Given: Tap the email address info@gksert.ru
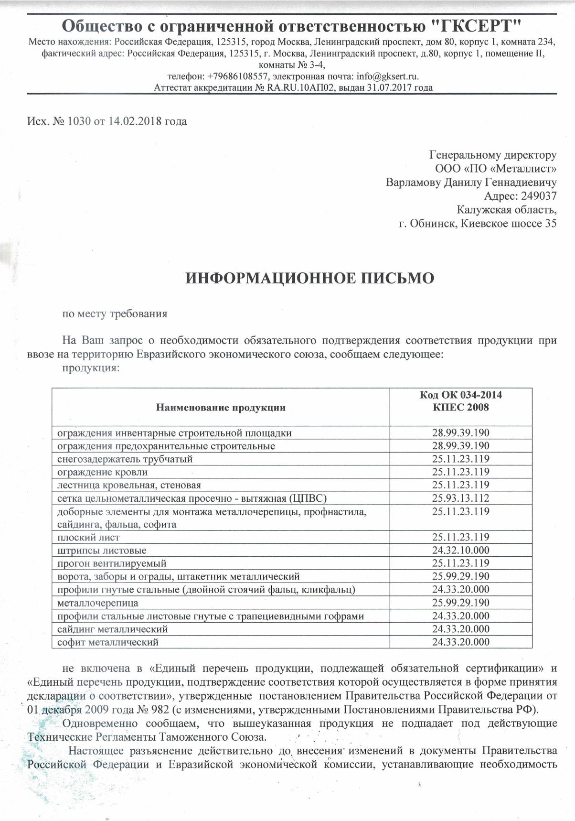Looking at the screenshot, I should [387, 76].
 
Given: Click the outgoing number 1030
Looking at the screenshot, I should [79, 121].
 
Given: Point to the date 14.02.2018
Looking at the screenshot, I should [135, 121].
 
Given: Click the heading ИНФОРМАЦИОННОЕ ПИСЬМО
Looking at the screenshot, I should [309, 278].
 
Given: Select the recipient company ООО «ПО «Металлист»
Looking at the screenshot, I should [496, 169].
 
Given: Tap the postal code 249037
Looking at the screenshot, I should [538, 196].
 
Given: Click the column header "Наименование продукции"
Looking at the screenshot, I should [221, 408].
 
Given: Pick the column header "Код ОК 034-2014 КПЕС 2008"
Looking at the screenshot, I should [461, 401].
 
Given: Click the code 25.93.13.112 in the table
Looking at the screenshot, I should [461, 498].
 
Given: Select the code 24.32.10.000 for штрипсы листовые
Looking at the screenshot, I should [461, 551].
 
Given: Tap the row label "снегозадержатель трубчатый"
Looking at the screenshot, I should [125, 459].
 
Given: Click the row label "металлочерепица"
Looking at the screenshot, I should [98, 603].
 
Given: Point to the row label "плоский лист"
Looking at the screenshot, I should [88, 538].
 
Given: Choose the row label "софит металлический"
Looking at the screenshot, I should [108, 642].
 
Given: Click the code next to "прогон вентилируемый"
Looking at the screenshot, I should [461, 563].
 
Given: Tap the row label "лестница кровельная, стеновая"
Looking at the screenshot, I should [129, 486].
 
